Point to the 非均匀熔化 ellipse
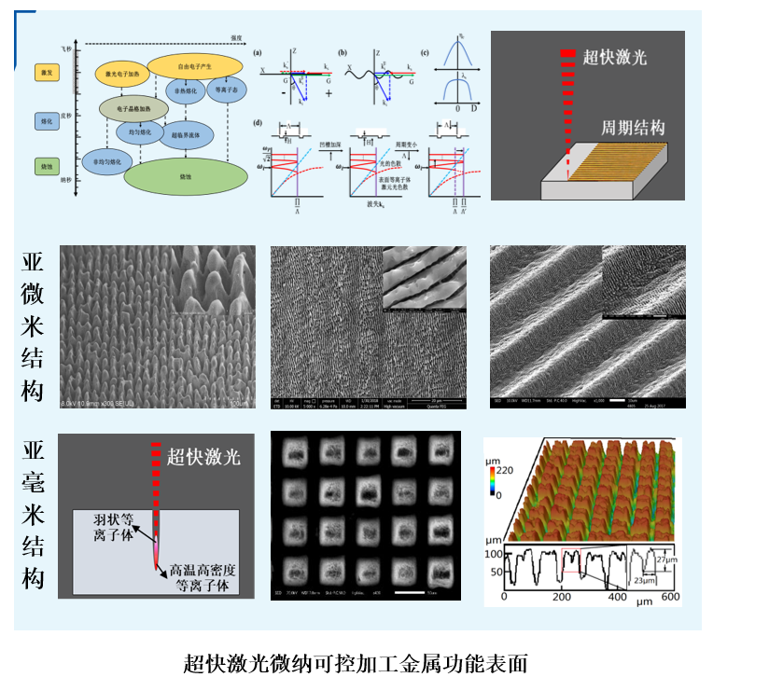point(105,161)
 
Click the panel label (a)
point(258,52)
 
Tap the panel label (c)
point(426,52)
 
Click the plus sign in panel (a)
point(329,95)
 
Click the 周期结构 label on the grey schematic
point(632,128)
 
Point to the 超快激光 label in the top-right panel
point(614,57)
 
